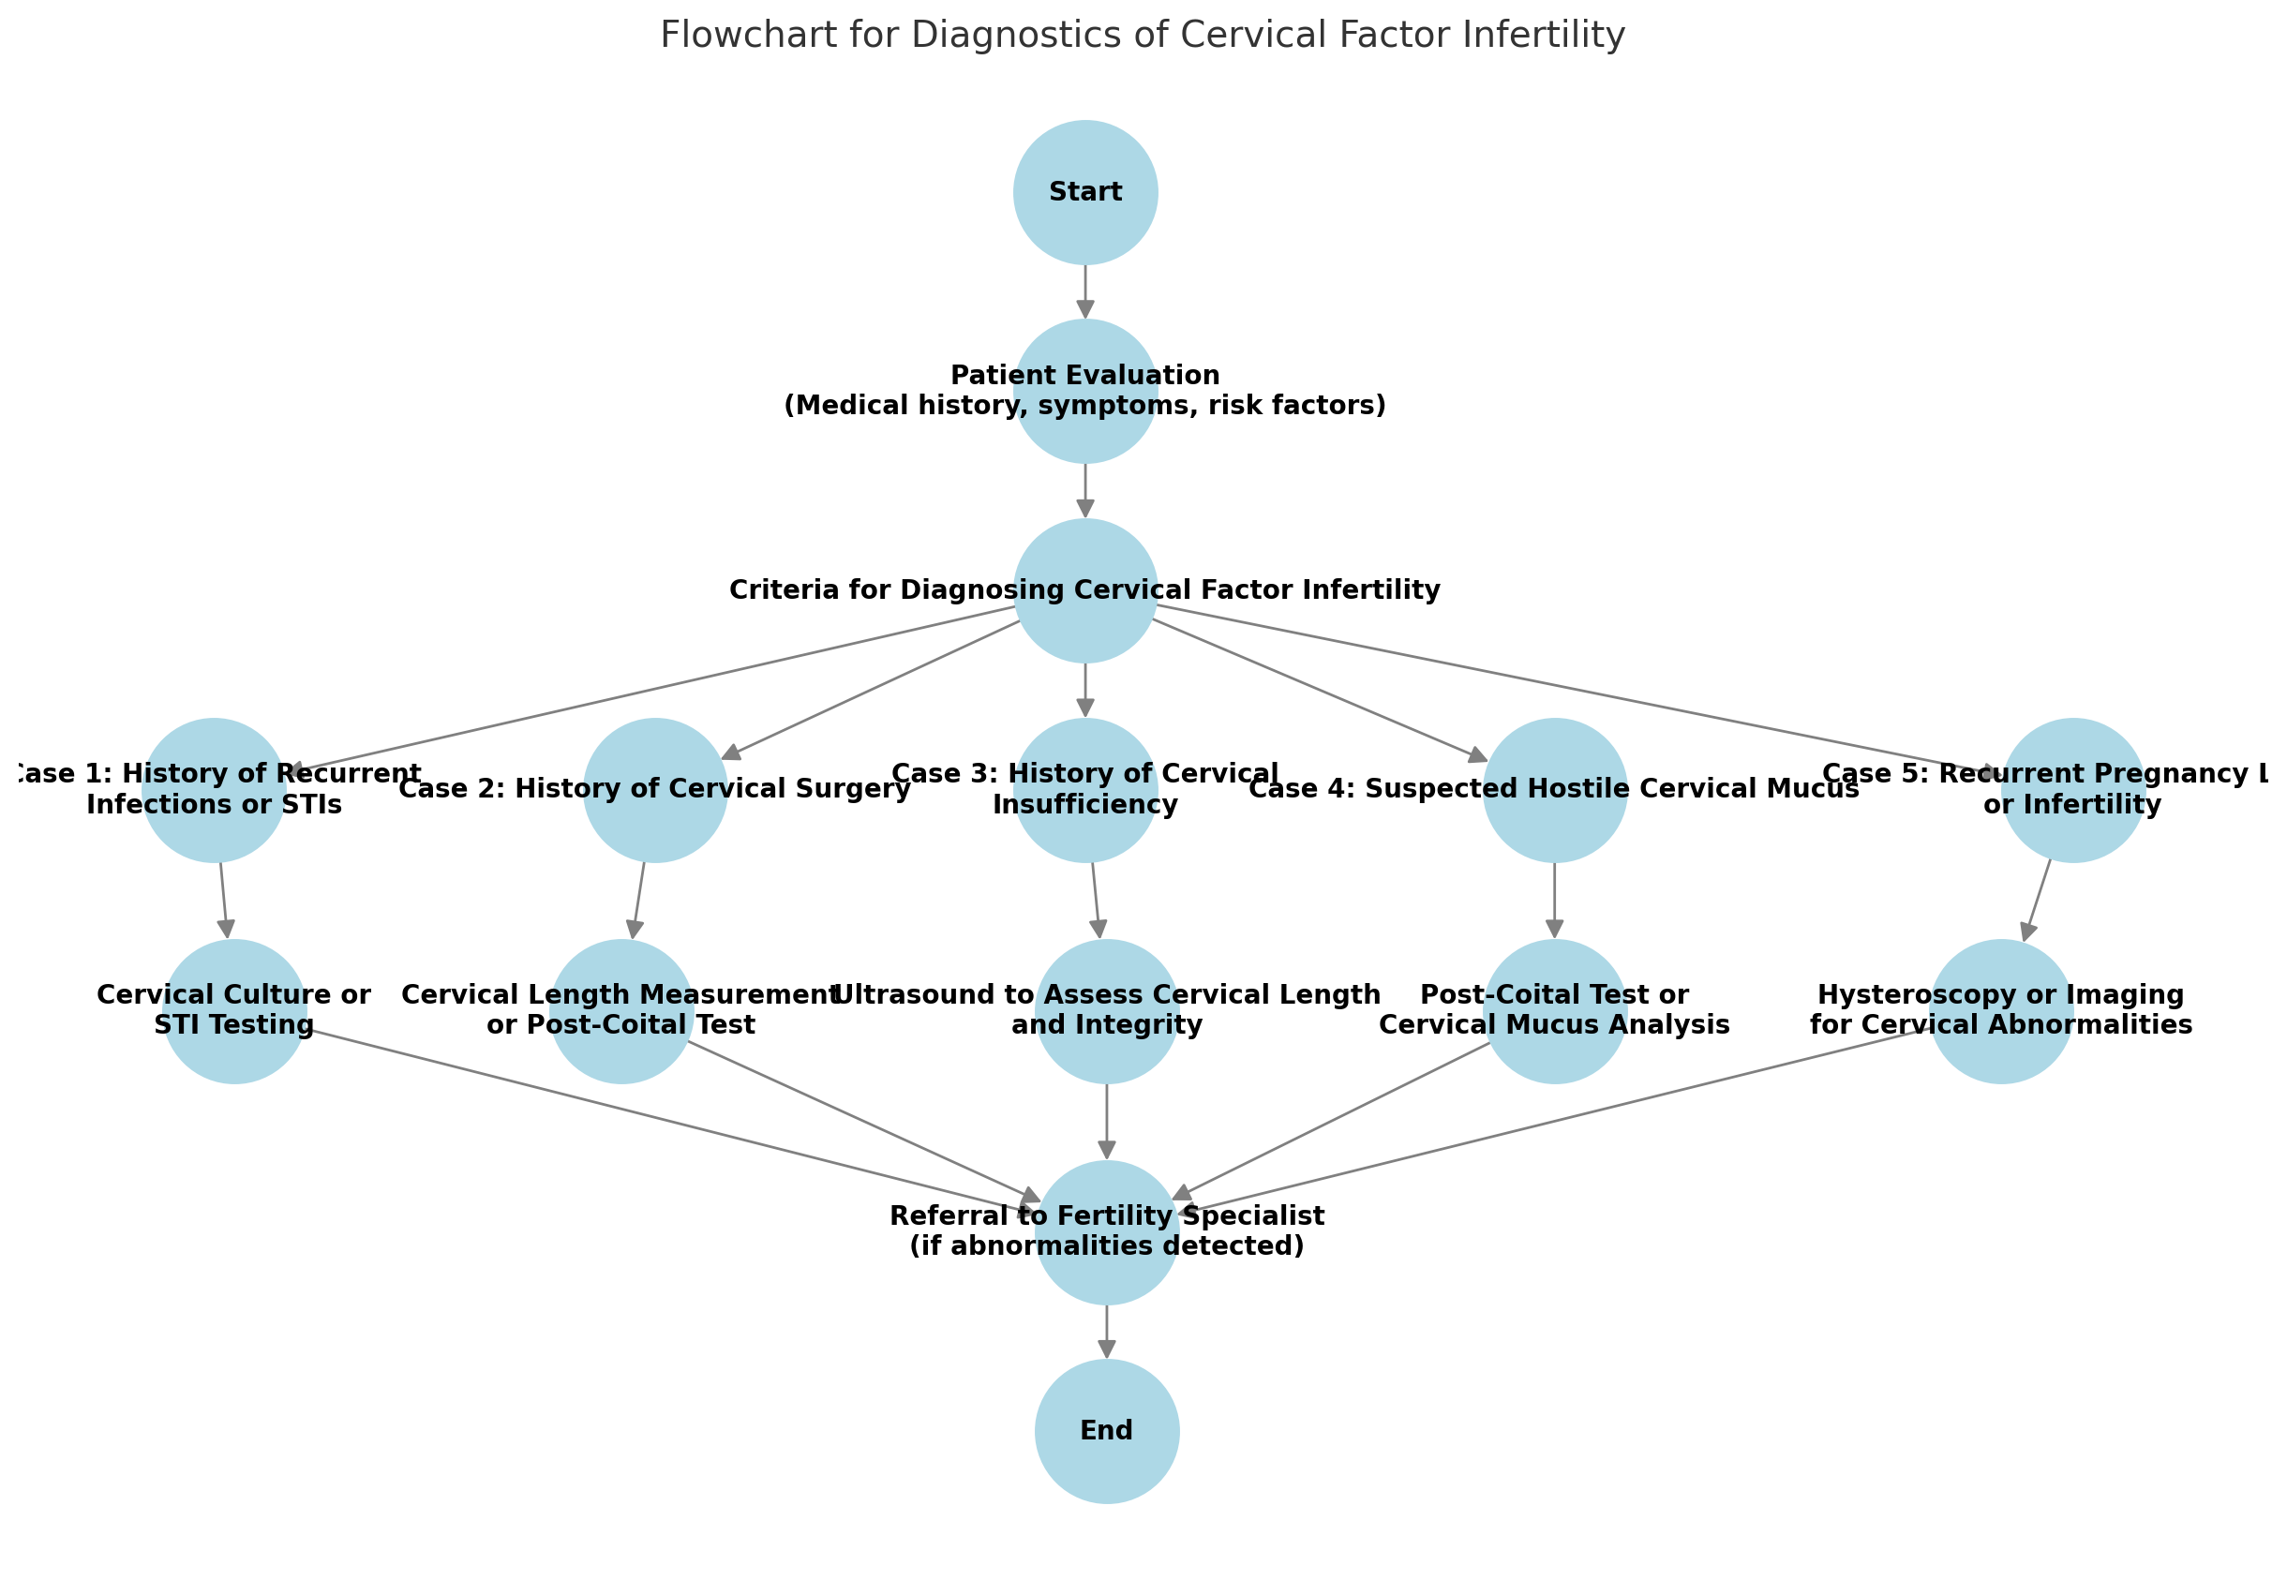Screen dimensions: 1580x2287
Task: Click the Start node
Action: click(x=1085, y=192)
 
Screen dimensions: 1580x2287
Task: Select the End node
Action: click(x=1107, y=1430)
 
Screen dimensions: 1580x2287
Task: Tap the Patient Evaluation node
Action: click(x=1085, y=391)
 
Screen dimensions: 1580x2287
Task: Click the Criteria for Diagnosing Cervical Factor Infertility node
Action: click(x=1085, y=590)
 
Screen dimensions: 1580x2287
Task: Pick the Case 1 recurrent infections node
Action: click(x=214, y=789)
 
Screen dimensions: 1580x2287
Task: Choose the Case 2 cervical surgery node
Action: click(x=654, y=789)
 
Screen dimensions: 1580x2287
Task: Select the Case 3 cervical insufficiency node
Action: click(x=1085, y=789)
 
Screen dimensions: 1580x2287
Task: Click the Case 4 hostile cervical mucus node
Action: click(x=1554, y=789)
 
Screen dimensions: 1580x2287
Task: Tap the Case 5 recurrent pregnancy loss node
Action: click(x=2072, y=789)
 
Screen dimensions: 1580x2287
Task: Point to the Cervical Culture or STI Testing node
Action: click(x=233, y=1010)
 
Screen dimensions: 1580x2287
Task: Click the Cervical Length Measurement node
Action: click(x=620, y=1010)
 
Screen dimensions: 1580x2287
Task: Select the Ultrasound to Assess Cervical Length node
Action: click(x=1107, y=1010)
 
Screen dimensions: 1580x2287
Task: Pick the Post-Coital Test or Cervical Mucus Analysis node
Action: click(x=1554, y=1010)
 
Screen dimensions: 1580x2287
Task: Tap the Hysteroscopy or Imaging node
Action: click(x=2001, y=1010)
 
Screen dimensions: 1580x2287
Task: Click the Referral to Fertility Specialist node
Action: click(x=1107, y=1231)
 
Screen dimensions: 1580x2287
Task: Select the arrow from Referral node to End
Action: click(x=1107, y=1331)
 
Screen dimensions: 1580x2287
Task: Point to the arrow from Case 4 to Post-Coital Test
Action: click(x=1554, y=899)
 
